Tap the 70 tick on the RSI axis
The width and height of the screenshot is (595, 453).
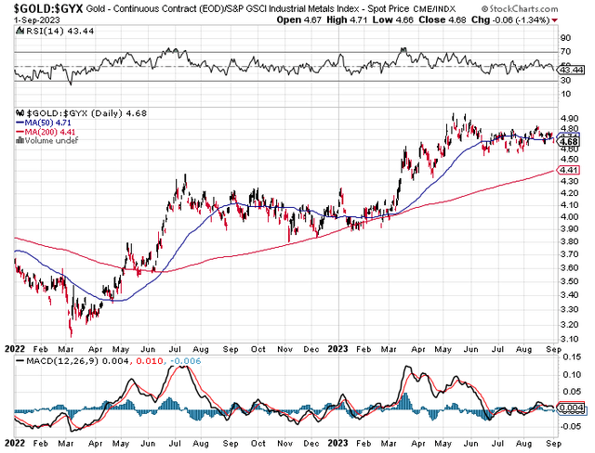(x=564, y=52)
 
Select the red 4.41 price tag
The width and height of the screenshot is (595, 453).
(x=568, y=171)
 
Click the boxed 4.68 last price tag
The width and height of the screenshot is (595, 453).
(x=568, y=141)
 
